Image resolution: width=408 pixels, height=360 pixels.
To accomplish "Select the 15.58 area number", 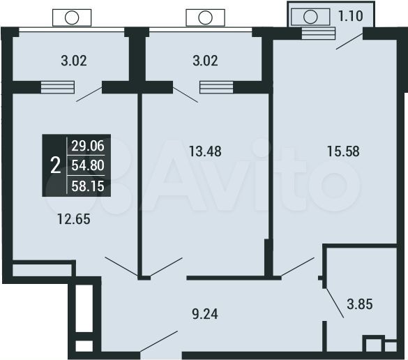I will [343, 151].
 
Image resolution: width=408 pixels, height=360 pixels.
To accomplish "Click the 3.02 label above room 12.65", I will [73, 60].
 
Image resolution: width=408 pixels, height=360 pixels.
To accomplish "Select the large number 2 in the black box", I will [55, 165].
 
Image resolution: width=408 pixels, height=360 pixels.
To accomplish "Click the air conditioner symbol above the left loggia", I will [70, 18].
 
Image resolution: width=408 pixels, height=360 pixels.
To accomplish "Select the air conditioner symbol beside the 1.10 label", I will [310, 17].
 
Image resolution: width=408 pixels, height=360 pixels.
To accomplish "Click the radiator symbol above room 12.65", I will [57, 87].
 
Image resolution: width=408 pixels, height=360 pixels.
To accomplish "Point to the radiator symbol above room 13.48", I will [216, 87].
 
